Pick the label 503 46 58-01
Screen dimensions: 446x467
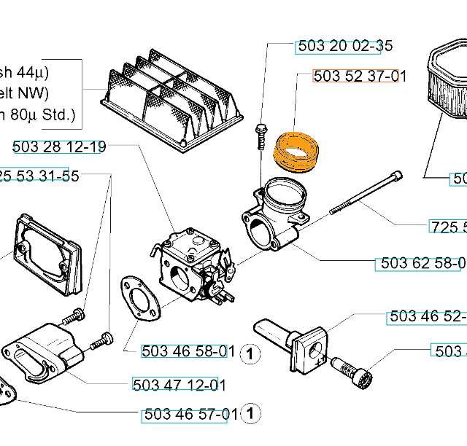(188, 351)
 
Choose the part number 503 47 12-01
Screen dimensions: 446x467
(179, 384)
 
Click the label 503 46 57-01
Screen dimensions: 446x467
(189, 415)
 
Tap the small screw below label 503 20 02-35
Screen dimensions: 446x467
(261, 136)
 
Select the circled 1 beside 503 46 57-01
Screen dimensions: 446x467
(250, 415)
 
